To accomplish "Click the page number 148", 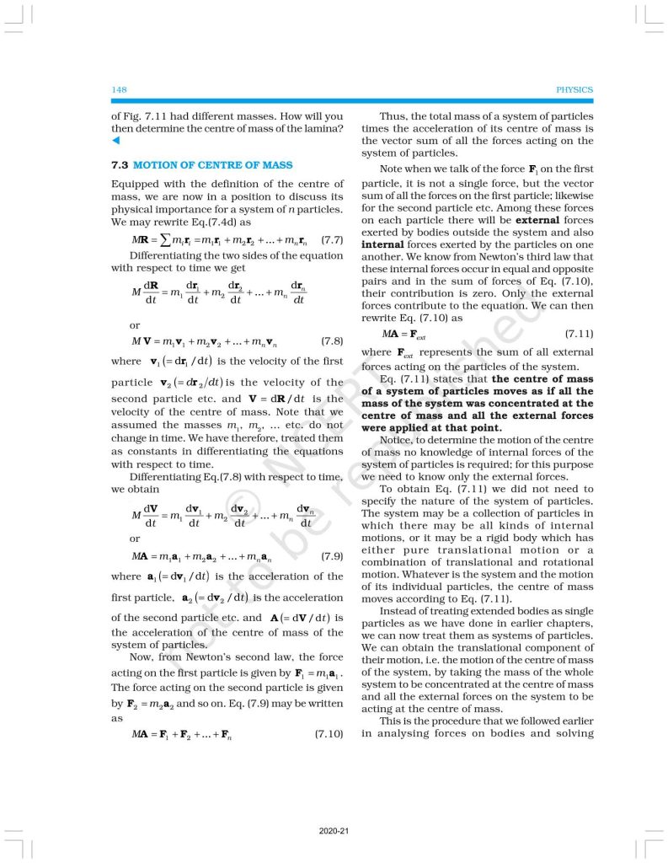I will [118, 89].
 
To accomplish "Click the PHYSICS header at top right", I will [574, 89].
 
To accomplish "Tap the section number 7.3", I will [119, 165].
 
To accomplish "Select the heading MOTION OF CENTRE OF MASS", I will [213, 165].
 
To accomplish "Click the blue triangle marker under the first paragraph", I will [115, 140].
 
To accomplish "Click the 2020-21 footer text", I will [334, 832].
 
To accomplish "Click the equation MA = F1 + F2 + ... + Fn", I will [180, 735].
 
